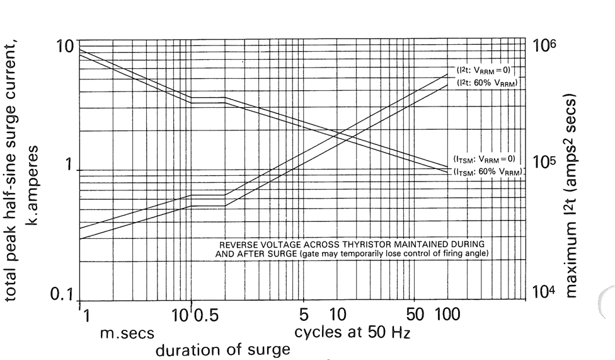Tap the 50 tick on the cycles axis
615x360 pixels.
[414, 313]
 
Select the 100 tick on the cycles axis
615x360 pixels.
[449, 313]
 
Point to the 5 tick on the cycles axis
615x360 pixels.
[304, 313]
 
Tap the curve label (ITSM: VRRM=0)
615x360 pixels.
[485, 159]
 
